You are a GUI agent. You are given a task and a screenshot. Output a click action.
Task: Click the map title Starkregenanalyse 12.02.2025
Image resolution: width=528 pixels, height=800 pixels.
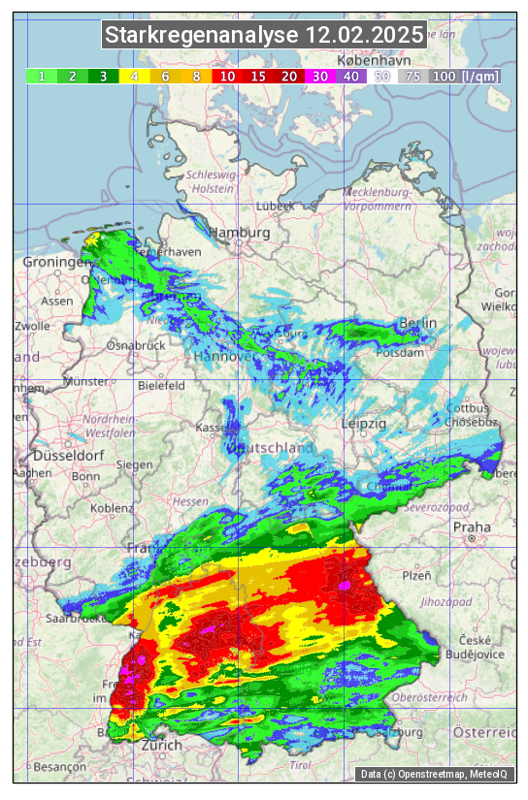(x=264, y=36)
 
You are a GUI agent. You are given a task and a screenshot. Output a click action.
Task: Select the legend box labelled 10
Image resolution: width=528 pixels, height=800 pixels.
(x=227, y=76)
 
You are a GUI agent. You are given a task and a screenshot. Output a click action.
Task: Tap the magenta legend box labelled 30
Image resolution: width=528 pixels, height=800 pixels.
(x=319, y=76)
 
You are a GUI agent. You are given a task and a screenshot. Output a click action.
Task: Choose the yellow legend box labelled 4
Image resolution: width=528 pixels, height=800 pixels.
(x=135, y=76)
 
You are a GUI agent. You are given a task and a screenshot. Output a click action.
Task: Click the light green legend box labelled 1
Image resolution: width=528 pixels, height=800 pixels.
(x=42, y=76)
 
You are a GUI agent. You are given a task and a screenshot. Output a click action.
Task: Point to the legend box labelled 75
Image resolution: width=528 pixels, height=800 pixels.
(x=412, y=76)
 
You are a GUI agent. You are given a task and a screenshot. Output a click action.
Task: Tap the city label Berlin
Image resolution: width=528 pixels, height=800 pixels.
(x=418, y=323)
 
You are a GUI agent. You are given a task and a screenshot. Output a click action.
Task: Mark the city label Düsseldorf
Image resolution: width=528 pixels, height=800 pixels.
(x=68, y=456)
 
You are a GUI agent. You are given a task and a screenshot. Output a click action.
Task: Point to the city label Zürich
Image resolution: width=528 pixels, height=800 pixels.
(x=161, y=746)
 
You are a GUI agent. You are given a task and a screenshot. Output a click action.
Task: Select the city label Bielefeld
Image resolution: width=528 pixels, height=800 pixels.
(x=161, y=385)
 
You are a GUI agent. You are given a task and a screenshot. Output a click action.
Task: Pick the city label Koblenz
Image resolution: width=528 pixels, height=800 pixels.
(x=113, y=507)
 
